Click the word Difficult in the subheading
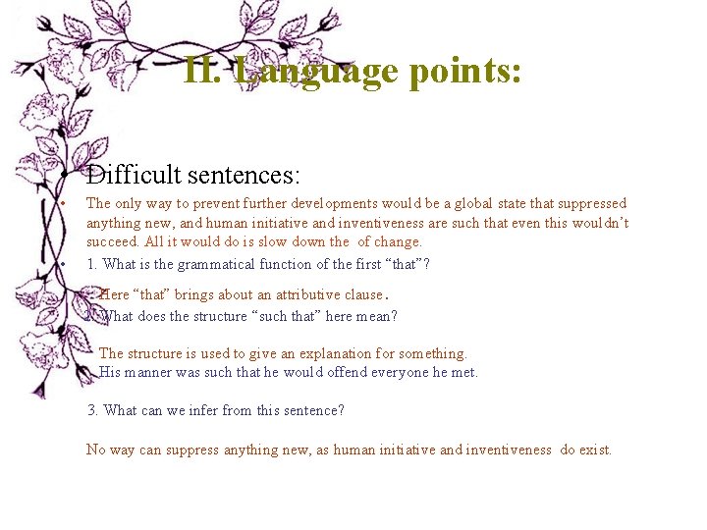click(x=133, y=177)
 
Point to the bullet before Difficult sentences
click(x=62, y=177)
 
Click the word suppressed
click(x=592, y=203)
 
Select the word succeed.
click(x=112, y=241)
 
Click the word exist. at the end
click(x=594, y=450)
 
